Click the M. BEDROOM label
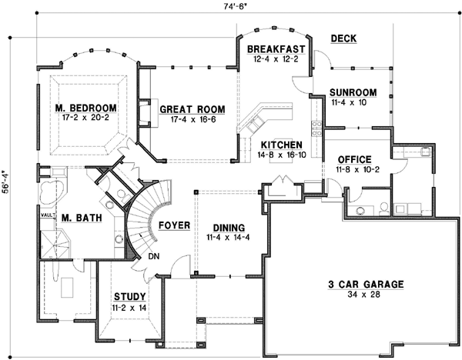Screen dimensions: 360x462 pyautogui.click(x=85, y=108)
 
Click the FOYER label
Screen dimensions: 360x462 pyautogui.click(x=175, y=225)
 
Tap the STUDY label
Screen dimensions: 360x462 pyautogui.click(x=130, y=296)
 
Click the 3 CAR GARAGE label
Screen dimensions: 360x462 pyautogui.click(x=365, y=284)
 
